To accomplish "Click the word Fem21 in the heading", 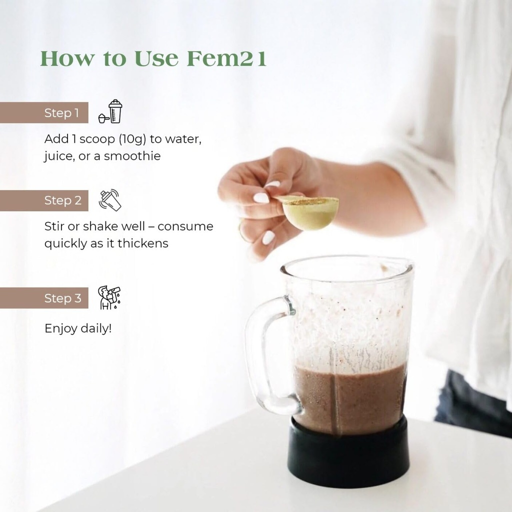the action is pos(226,58).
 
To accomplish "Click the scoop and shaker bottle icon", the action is pos(110,111).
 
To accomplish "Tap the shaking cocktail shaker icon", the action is pos(110,200).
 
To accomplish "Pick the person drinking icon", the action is pos(109,297).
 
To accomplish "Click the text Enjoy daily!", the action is pos(78,328).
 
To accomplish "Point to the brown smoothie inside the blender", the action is pos(349,396).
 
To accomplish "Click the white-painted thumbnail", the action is pos(261,198).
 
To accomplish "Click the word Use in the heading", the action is pos(156,58).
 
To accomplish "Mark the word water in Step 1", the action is pos(183,139).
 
